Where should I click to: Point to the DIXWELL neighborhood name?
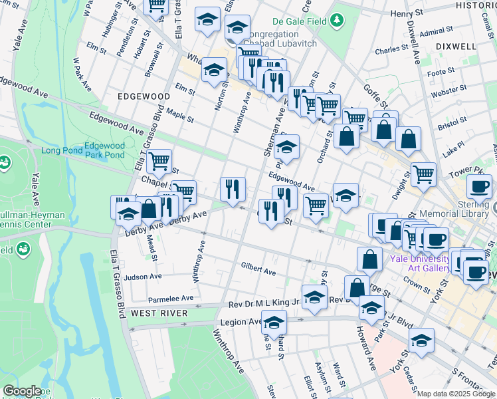(x=457, y=47)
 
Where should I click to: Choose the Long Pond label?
(x=61, y=150)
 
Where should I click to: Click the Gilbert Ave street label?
(x=258, y=272)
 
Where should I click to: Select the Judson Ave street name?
(x=143, y=277)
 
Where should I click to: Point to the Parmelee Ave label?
(x=171, y=298)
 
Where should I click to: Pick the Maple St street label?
(x=179, y=116)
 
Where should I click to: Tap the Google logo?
(x=22, y=391)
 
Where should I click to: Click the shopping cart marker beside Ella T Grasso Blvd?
(x=159, y=160)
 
